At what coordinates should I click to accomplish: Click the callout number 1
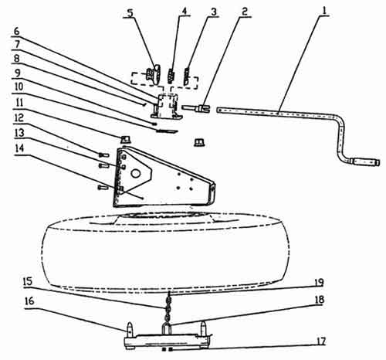point(324,11)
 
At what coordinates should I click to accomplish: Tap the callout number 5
point(130,13)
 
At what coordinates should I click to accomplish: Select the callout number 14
point(19,148)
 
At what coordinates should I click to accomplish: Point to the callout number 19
point(319,282)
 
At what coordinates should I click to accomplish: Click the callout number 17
point(320,341)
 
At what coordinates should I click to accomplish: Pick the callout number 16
point(29,301)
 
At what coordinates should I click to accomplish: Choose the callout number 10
point(19,87)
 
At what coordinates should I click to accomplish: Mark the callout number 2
point(245,11)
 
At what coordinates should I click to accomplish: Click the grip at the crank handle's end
point(366,162)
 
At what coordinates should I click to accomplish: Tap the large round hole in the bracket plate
point(135,173)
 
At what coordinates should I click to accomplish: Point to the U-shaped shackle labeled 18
point(166,328)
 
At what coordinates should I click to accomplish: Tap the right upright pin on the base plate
point(203,327)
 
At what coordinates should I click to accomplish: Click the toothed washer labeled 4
point(171,75)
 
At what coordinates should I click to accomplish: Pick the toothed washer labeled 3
point(186,75)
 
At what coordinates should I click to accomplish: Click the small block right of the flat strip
point(199,142)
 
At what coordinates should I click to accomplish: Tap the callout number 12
point(19,118)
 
